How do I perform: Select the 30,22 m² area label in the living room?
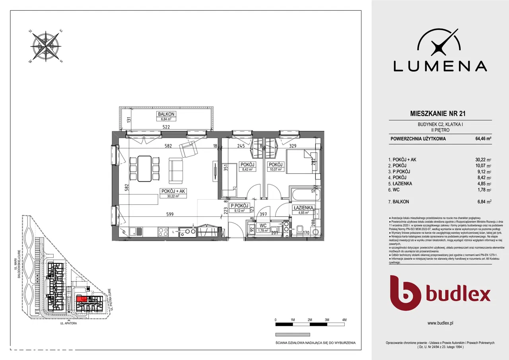[173, 196]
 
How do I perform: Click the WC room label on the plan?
[263, 225]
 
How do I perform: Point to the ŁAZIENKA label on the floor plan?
[304, 208]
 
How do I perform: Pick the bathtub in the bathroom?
[302, 195]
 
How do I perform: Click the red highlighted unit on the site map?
[82, 299]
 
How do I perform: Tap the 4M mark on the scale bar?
[344, 320]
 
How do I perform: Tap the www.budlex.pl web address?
[440, 323]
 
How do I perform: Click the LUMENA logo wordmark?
[440, 66]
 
